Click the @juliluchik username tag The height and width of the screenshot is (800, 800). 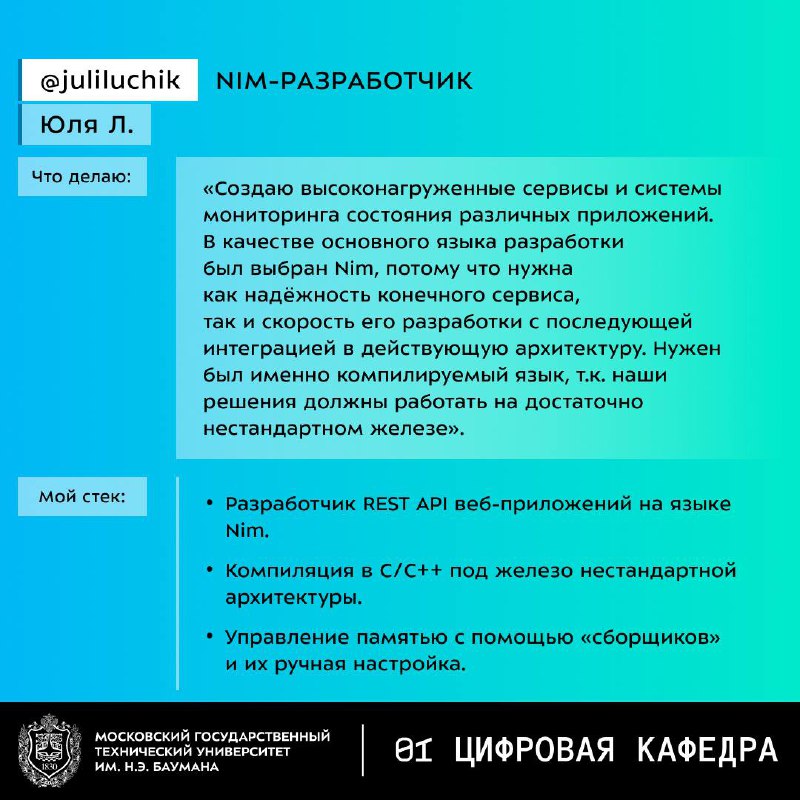tap(110, 81)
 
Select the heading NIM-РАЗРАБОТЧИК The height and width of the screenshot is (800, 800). tap(344, 81)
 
